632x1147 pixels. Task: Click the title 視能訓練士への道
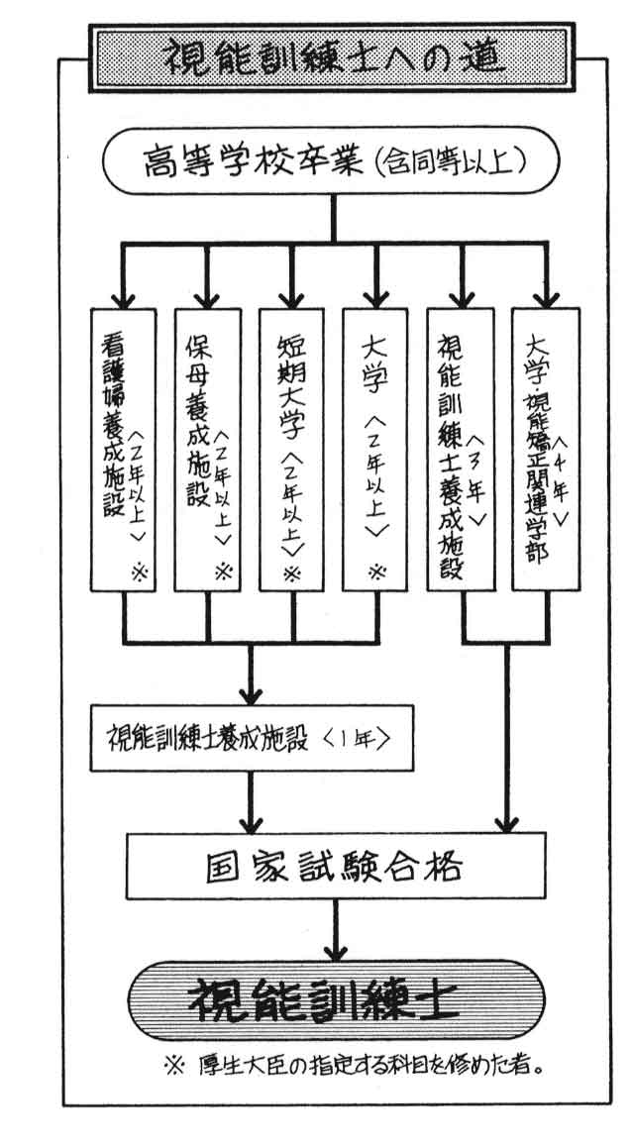[x=333, y=55]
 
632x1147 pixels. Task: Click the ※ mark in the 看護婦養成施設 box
[x=138, y=573]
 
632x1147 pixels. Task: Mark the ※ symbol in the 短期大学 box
[x=291, y=573]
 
